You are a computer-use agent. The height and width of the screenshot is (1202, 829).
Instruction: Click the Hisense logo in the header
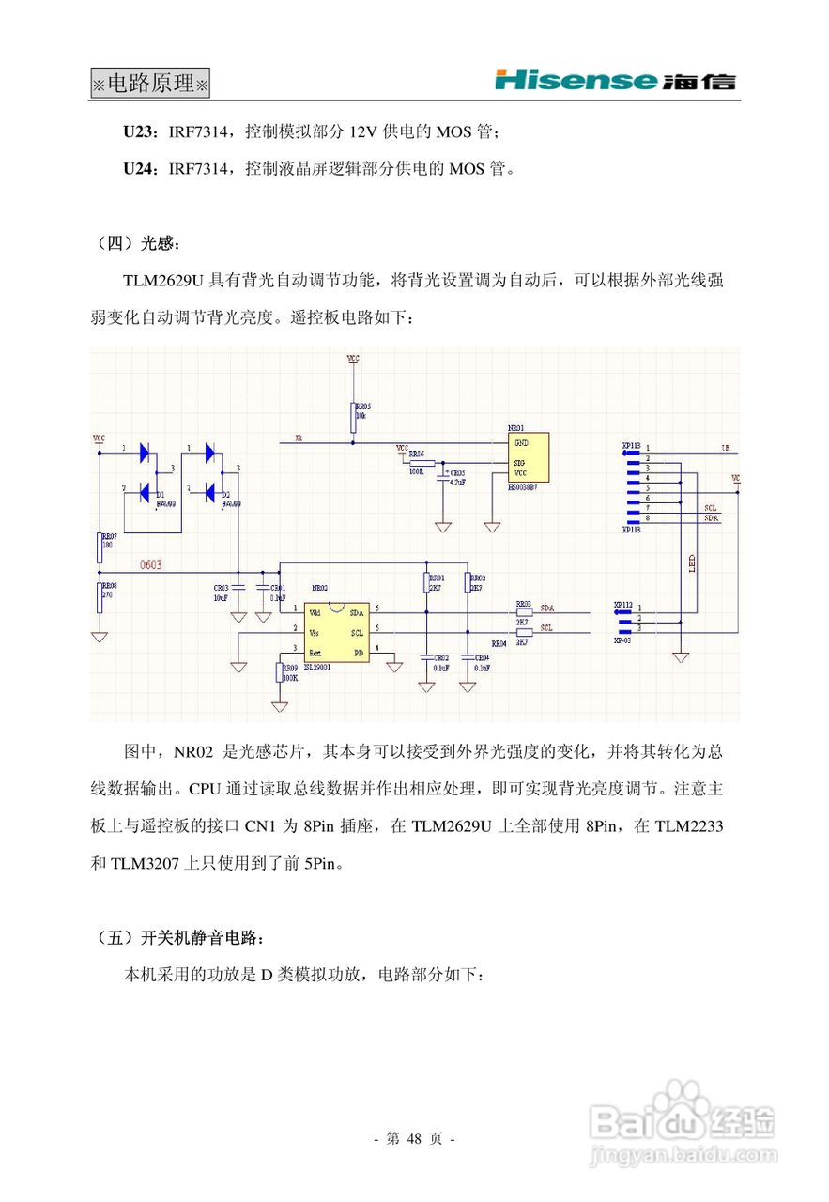[x=615, y=81]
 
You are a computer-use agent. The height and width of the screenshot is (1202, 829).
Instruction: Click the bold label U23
[x=141, y=132]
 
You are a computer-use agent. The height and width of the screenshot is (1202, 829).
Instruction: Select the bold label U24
[x=141, y=169]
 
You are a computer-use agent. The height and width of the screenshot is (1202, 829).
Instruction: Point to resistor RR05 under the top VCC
[x=353, y=417]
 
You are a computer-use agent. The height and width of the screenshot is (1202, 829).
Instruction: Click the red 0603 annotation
[x=150, y=564]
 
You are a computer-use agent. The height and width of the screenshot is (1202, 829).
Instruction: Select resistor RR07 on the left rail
[x=100, y=547]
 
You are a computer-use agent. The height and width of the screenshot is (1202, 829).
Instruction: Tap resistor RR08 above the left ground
[x=100, y=597]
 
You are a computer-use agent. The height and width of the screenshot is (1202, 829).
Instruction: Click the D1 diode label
[x=161, y=494]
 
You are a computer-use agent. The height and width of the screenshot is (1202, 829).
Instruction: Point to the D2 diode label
[x=226, y=494]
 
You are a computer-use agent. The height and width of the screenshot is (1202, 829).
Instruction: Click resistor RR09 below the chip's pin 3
[x=279, y=672]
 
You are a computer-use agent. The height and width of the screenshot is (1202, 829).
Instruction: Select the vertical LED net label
[x=690, y=564]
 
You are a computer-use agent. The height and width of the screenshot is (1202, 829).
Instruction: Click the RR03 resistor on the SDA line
[x=524, y=610]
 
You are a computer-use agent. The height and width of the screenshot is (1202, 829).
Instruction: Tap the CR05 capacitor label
[x=457, y=473]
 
